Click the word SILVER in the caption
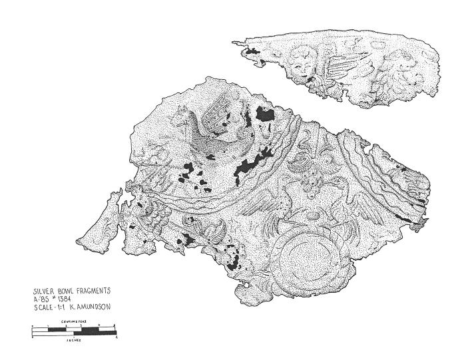tap(44, 291)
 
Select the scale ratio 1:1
tap(61, 307)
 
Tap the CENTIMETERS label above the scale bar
tap(74, 321)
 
